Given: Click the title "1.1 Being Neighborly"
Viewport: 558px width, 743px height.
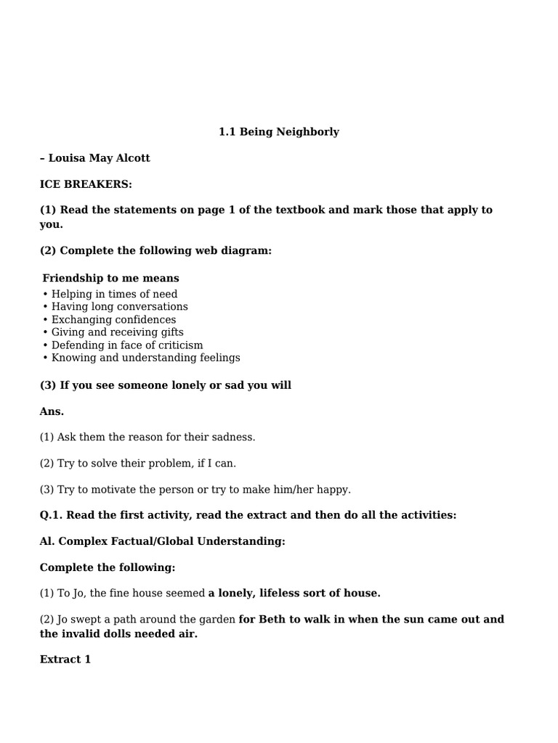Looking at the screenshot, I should point(279,132).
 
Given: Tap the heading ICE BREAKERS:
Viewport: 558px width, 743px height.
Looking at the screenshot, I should point(86,184).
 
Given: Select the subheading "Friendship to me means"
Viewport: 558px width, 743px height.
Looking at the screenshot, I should point(110,278).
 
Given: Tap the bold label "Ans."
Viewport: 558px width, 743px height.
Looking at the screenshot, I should point(52,411).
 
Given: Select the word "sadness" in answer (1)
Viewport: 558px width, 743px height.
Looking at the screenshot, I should point(232,437).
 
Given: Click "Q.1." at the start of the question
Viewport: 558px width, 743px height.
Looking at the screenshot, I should point(52,515).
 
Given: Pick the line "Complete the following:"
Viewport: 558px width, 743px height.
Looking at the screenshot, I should point(108,567).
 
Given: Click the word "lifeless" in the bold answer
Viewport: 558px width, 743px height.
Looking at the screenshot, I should point(282,593).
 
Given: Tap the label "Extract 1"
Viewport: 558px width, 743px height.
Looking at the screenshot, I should point(65,660).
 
